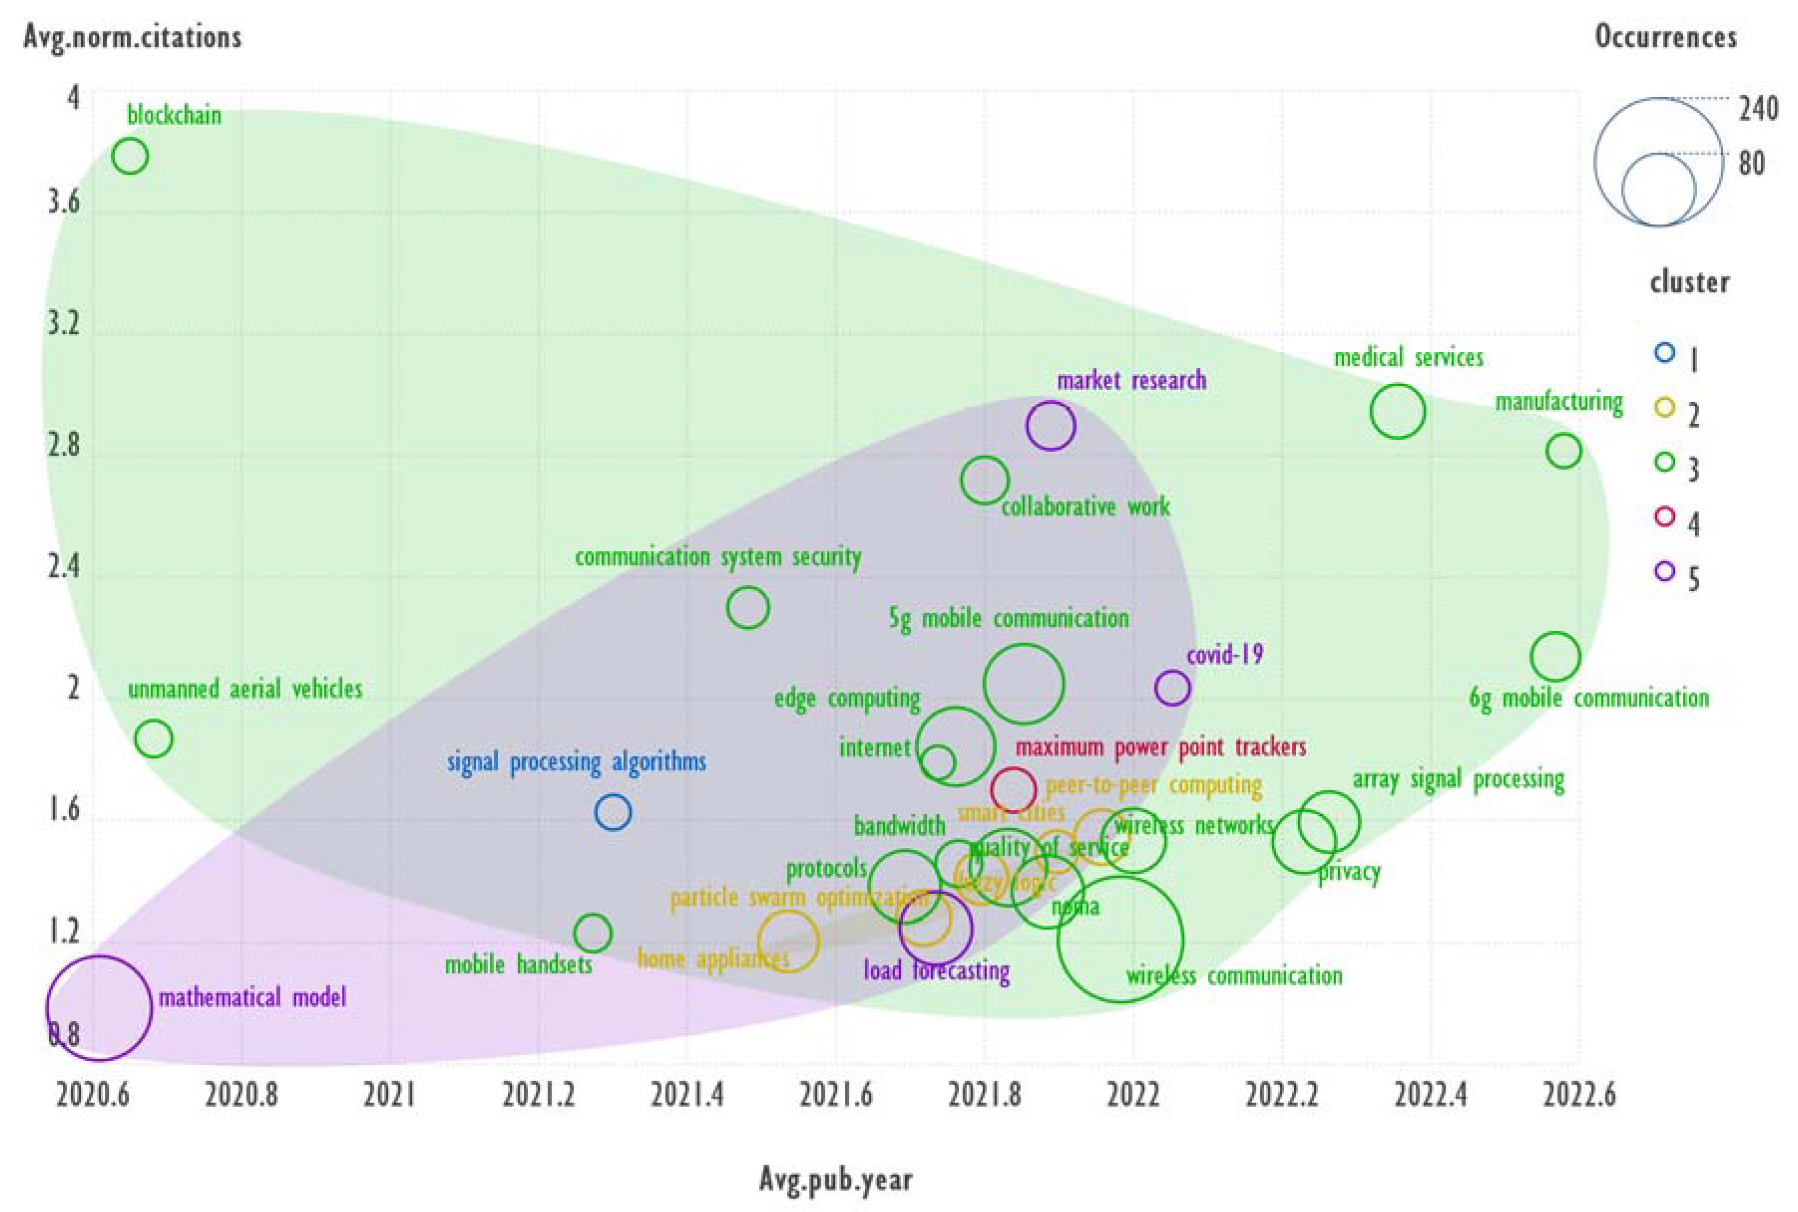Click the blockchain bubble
[130, 156]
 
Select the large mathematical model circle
[99, 1008]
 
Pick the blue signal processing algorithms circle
[613, 812]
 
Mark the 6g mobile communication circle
[1555, 656]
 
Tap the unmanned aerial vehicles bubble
[154, 739]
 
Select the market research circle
[1051, 425]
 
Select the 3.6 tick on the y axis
[63, 202]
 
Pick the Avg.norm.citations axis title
[132, 37]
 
